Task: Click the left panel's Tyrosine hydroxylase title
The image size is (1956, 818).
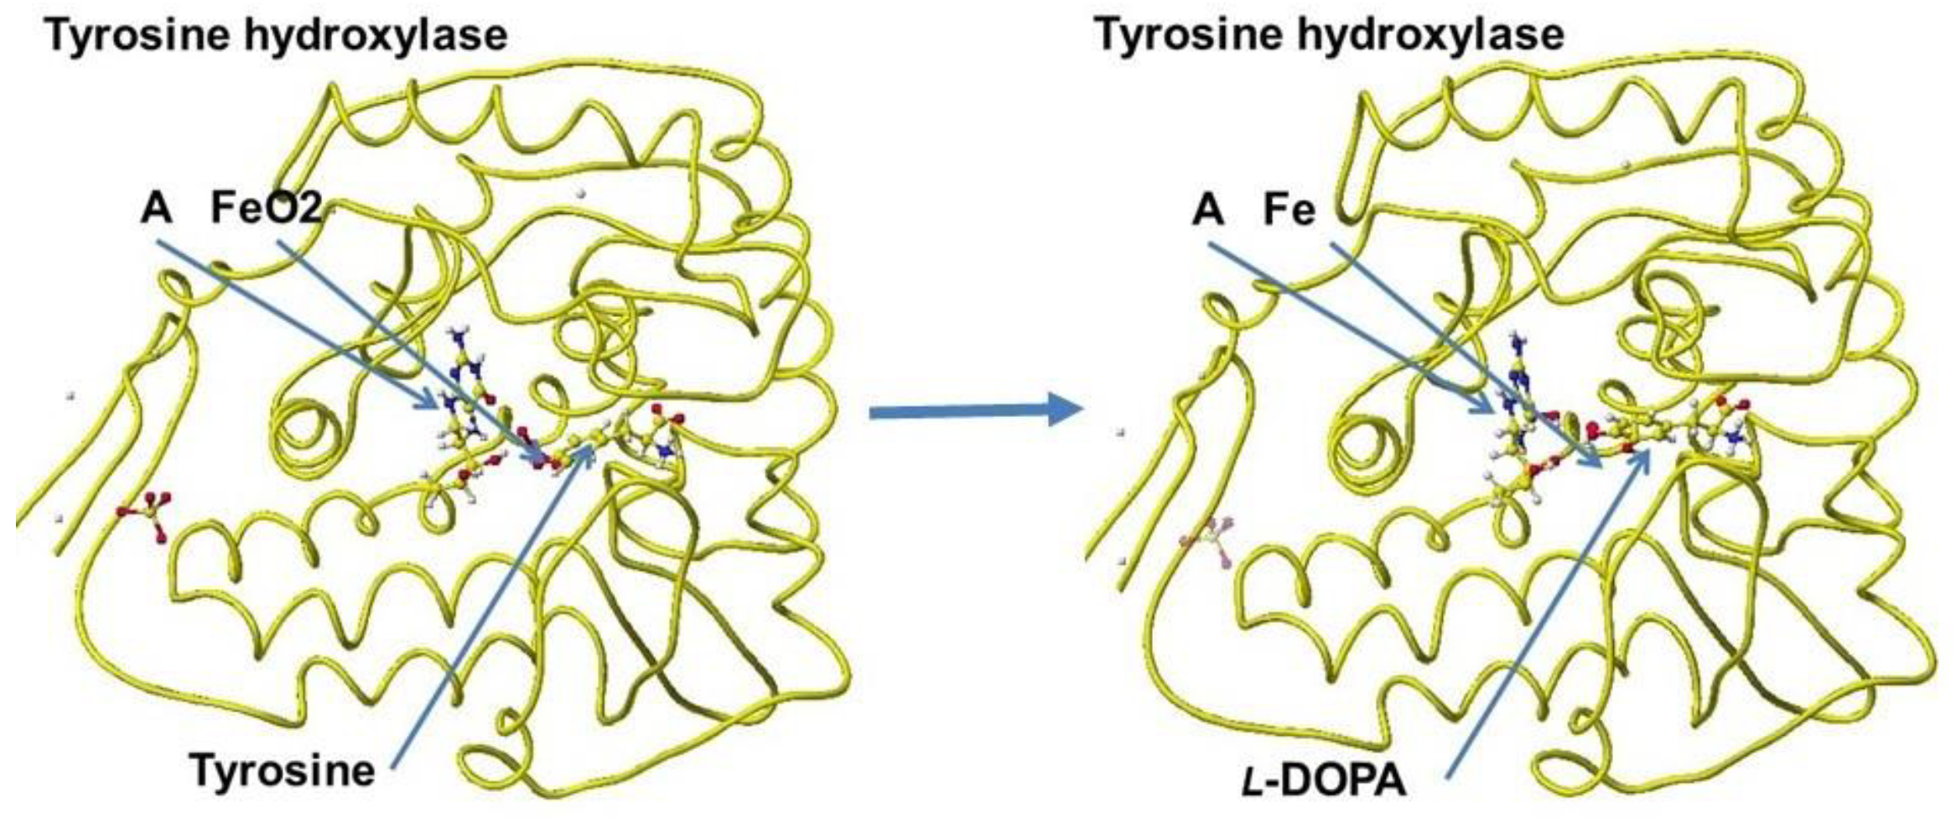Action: click(276, 35)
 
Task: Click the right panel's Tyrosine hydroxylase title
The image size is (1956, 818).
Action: click(1330, 35)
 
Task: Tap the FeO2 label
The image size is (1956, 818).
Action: click(266, 208)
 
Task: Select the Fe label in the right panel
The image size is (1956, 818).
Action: click(1289, 210)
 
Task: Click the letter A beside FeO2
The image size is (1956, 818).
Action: click(157, 208)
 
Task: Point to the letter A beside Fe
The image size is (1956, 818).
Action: click(1208, 210)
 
